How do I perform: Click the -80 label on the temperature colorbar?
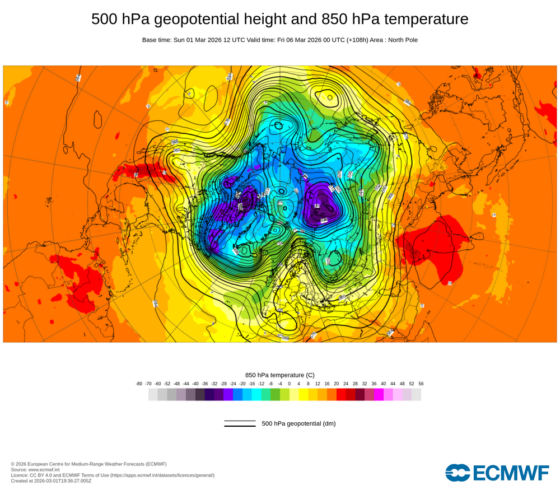point(139,384)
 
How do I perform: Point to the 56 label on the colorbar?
point(421,384)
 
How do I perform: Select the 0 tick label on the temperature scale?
point(290,384)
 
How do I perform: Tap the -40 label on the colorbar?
point(195,384)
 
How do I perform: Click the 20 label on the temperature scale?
point(337,384)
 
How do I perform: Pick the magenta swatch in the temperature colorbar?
point(379,395)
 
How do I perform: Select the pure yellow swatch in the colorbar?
point(304,395)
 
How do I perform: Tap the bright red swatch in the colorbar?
point(341,395)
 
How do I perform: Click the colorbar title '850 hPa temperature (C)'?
point(280,375)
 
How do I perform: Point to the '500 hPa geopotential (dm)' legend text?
point(298,423)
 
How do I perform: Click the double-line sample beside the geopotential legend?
point(240,423)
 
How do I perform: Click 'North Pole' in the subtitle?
point(402,40)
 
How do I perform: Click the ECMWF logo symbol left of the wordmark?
point(458,472)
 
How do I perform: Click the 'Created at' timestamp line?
point(51,480)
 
